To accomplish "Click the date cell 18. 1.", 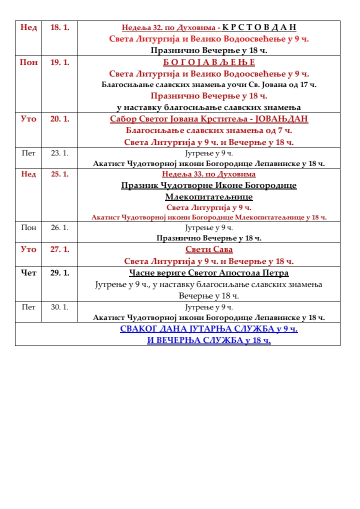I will (60, 27).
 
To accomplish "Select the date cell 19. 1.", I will (60, 62).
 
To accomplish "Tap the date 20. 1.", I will (60, 119).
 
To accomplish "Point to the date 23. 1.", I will (60, 153).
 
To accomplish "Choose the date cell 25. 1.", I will (60, 174).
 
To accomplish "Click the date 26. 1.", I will (60, 227).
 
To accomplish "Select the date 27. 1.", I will (60, 249).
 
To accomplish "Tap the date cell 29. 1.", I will (60, 273).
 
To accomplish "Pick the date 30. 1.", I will (60, 306).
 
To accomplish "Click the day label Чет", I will (28, 273).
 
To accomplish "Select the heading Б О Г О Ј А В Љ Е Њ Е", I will (209, 62).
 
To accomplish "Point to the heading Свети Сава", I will (209, 249).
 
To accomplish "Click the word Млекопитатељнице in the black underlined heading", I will (209, 197).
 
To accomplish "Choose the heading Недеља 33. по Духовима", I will (209, 174).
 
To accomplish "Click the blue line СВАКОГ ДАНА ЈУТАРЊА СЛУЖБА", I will (209, 329).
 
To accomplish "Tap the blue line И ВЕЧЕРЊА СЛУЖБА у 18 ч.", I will (209, 340).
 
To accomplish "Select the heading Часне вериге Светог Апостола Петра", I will (209, 273).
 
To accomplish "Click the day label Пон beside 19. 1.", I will (28, 62).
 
